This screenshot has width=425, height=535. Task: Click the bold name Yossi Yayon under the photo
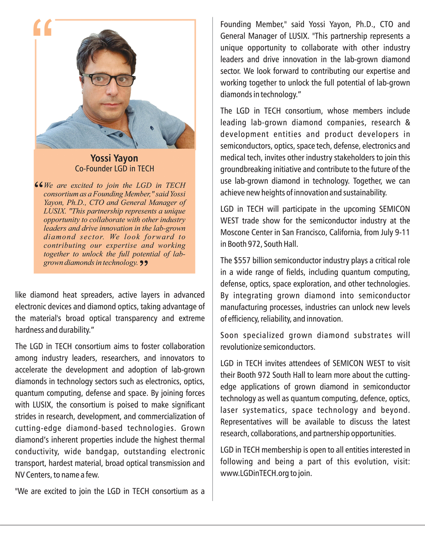point(114,158)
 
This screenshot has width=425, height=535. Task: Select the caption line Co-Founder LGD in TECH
point(114,169)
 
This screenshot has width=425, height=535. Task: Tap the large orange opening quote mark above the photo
point(43,28)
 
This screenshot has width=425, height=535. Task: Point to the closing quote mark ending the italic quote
point(144,263)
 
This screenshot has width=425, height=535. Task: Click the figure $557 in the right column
point(242,261)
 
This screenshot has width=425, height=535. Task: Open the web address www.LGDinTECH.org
point(254,473)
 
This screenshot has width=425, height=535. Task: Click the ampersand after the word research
point(407,123)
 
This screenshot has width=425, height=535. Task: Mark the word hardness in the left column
point(29,330)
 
